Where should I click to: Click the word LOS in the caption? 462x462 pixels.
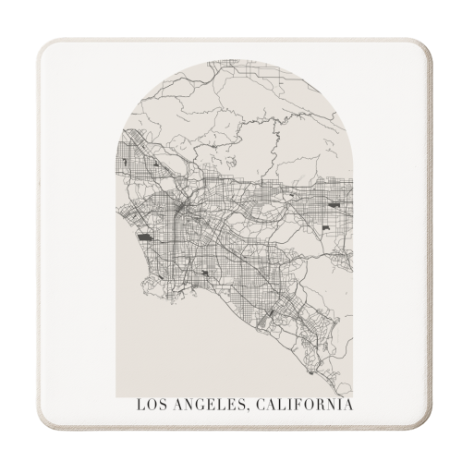pyautogui.click(x=151, y=404)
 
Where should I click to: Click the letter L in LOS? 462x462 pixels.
pyautogui.click(x=140, y=404)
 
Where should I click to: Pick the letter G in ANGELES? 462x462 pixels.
pyautogui.click(x=197, y=404)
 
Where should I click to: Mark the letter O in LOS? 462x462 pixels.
pyautogui.click(x=151, y=404)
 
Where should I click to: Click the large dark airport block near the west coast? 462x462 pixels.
pyautogui.click(x=145, y=237)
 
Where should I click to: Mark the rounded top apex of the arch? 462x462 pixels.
pyautogui.click(x=236, y=61)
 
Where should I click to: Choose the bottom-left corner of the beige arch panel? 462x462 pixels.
pyautogui.click(x=119, y=394)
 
